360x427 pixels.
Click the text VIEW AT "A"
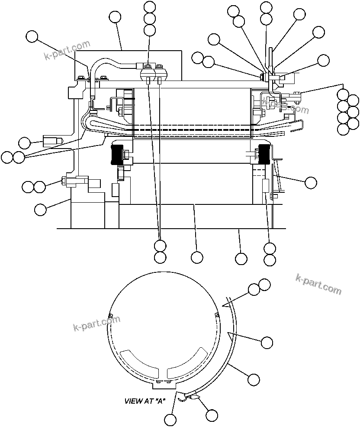click(x=145, y=401)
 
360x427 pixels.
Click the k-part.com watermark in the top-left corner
click(x=67, y=51)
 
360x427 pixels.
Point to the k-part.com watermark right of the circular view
click(x=318, y=284)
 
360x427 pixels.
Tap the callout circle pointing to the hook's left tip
click(x=171, y=419)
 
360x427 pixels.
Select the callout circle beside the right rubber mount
click(x=311, y=182)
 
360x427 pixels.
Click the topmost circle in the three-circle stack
click(x=150, y=7)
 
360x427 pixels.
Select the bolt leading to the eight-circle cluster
click(x=297, y=93)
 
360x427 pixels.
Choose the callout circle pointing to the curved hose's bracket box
click(x=115, y=17)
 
